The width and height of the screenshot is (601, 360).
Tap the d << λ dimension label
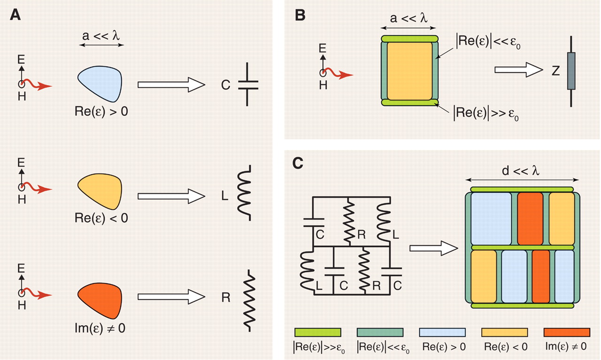coord(521,170)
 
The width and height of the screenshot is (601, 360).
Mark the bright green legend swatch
coord(317,332)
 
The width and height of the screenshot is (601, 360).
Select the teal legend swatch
coord(380,332)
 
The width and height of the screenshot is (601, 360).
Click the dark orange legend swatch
coord(566,332)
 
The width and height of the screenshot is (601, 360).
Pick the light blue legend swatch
coord(442,332)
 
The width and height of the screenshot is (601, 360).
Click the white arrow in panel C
coord(433,249)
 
